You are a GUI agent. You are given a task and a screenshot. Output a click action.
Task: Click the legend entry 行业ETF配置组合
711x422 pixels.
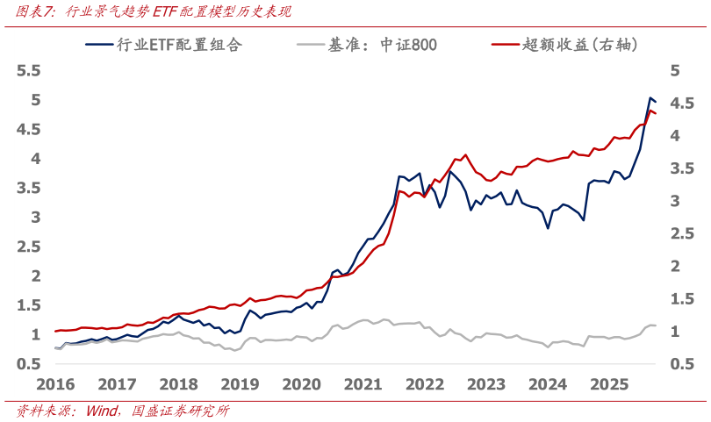(179, 45)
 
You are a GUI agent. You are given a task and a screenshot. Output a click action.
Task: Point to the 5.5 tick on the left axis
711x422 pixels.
(30, 70)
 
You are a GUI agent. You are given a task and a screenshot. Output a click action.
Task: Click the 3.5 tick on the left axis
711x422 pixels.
(30, 188)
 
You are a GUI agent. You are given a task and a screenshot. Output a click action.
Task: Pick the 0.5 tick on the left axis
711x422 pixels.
(30, 364)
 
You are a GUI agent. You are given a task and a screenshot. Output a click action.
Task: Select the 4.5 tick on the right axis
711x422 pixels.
(681, 103)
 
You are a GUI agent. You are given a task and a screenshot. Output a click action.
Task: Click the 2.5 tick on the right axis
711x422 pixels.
(681, 233)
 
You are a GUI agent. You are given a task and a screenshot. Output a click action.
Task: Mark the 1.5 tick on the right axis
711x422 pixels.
(681, 298)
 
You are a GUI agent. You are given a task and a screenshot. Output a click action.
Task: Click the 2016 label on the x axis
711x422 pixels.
(55, 384)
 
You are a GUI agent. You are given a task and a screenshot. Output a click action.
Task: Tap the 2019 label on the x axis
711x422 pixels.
(240, 384)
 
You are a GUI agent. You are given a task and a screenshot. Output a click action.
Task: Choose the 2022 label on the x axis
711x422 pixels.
(425, 384)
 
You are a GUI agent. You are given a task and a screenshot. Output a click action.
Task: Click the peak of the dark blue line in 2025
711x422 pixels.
(650, 97)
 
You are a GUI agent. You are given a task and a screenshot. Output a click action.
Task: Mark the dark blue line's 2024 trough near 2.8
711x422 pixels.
(548, 228)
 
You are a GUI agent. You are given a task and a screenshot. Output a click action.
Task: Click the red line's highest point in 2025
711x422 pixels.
(650, 111)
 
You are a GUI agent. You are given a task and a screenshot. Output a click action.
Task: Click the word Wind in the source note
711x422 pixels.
(102, 411)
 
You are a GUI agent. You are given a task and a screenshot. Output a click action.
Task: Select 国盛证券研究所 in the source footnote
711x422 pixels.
(180, 411)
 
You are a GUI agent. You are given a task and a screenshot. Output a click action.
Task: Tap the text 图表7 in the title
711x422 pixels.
(35, 11)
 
